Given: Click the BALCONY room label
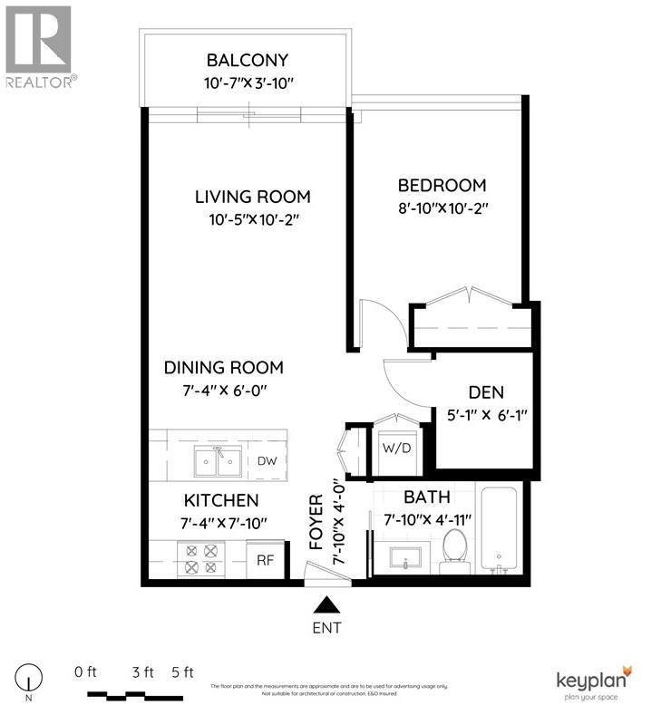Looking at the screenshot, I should pos(247,61).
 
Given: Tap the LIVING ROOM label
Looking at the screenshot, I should pos(253,197).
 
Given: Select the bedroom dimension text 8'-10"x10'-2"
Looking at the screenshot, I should pos(450,208).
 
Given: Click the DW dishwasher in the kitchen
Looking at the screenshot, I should pos(267,461).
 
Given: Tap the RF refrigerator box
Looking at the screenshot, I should pos(266,560).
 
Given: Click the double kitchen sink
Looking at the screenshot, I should pos(217,463).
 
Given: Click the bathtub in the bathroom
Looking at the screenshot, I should pos(498,532).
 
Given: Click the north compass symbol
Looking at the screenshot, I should pos(34,678).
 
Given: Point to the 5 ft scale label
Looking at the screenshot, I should pos(182,672).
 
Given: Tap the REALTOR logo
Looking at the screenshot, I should pos(38,45).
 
